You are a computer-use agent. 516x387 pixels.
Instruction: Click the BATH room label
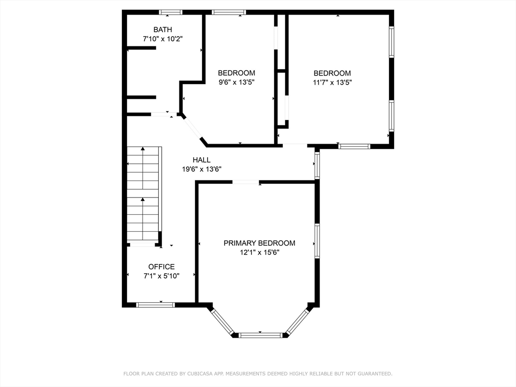coord(163,30)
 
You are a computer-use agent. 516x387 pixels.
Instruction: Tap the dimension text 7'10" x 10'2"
coord(163,39)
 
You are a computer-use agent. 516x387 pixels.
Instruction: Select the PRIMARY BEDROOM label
coord(260,243)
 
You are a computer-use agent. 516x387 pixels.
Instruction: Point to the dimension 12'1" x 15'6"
coord(260,252)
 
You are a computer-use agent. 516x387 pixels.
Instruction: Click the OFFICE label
coord(161,267)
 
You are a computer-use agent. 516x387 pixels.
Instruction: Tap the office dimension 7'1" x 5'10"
coord(161,276)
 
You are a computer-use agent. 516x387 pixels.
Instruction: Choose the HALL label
coord(202,160)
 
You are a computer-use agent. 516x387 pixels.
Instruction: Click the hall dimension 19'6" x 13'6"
coord(202,169)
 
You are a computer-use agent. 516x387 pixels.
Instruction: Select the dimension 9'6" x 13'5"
coord(236,82)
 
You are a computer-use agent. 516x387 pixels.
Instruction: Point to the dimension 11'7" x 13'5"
coord(332,82)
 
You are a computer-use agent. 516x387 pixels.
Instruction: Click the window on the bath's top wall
coord(170,12)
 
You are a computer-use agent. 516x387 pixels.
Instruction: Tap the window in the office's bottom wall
coord(155,305)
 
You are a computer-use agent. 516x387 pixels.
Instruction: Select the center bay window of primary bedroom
coord(261,335)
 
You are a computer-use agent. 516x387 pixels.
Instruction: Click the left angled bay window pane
coord(222,321)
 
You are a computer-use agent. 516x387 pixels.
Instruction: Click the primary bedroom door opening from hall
coord(245,182)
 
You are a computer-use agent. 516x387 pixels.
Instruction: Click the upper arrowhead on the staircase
coord(143,149)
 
